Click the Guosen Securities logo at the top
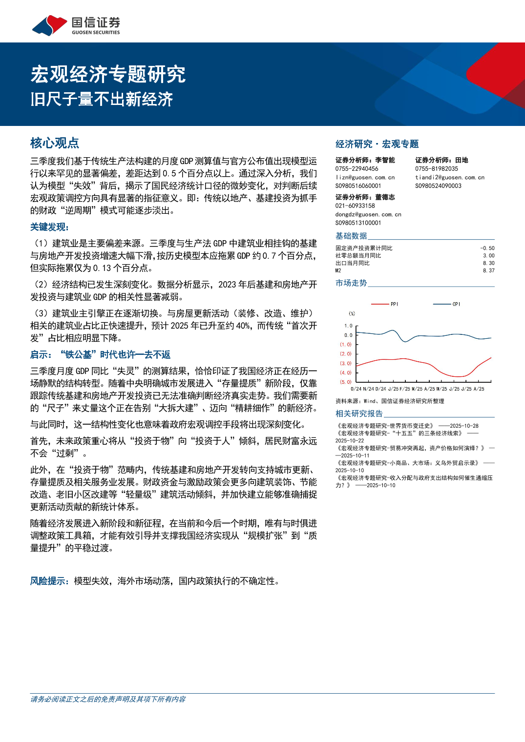coord(76,25)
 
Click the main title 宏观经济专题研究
coord(108,74)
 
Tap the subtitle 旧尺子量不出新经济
coord(102,99)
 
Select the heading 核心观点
coord(55,143)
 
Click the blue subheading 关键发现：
coord(50,227)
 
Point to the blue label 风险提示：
coord(50,581)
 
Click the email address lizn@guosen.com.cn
coord(365,177)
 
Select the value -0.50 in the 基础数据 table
coord(487,248)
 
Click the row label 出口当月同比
coord(352,263)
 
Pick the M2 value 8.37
coord(488,270)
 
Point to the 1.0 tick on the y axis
coord(348,326)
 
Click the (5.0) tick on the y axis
coord(346,382)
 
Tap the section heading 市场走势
coord(351,283)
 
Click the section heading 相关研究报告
coord(359,413)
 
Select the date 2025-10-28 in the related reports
coord(464,426)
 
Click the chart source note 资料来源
coord(390,401)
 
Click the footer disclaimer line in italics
coord(108,699)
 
